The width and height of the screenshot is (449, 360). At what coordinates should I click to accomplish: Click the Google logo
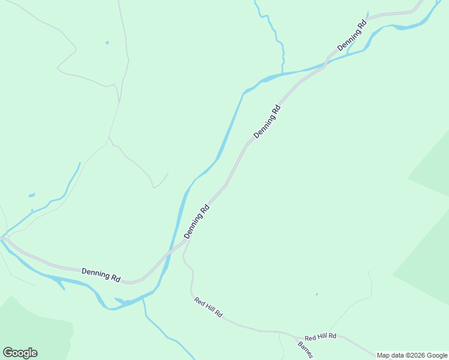tap(20, 353)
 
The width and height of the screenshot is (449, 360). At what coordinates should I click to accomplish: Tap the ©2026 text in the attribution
tap(415, 356)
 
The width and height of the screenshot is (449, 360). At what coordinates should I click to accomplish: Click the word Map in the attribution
tap(384, 356)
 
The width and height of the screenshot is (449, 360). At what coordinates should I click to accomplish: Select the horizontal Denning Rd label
tap(101, 275)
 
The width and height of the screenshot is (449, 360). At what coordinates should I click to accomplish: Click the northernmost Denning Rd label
tap(352, 36)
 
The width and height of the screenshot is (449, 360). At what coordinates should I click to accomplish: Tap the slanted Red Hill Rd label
tap(208, 306)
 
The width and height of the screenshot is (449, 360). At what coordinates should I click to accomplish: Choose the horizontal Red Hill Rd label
tap(320, 338)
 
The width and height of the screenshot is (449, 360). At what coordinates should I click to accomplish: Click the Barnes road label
tap(305, 349)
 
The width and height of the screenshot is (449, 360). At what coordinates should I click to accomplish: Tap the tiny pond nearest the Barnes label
tap(316, 294)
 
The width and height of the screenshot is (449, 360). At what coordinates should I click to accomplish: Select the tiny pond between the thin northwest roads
tap(107, 43)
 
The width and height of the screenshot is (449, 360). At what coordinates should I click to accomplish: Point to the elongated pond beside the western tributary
tap(31, 195)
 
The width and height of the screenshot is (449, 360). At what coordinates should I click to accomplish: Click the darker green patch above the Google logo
tap(30, 324)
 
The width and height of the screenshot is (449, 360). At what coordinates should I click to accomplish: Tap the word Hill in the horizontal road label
tap(321, 338)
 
